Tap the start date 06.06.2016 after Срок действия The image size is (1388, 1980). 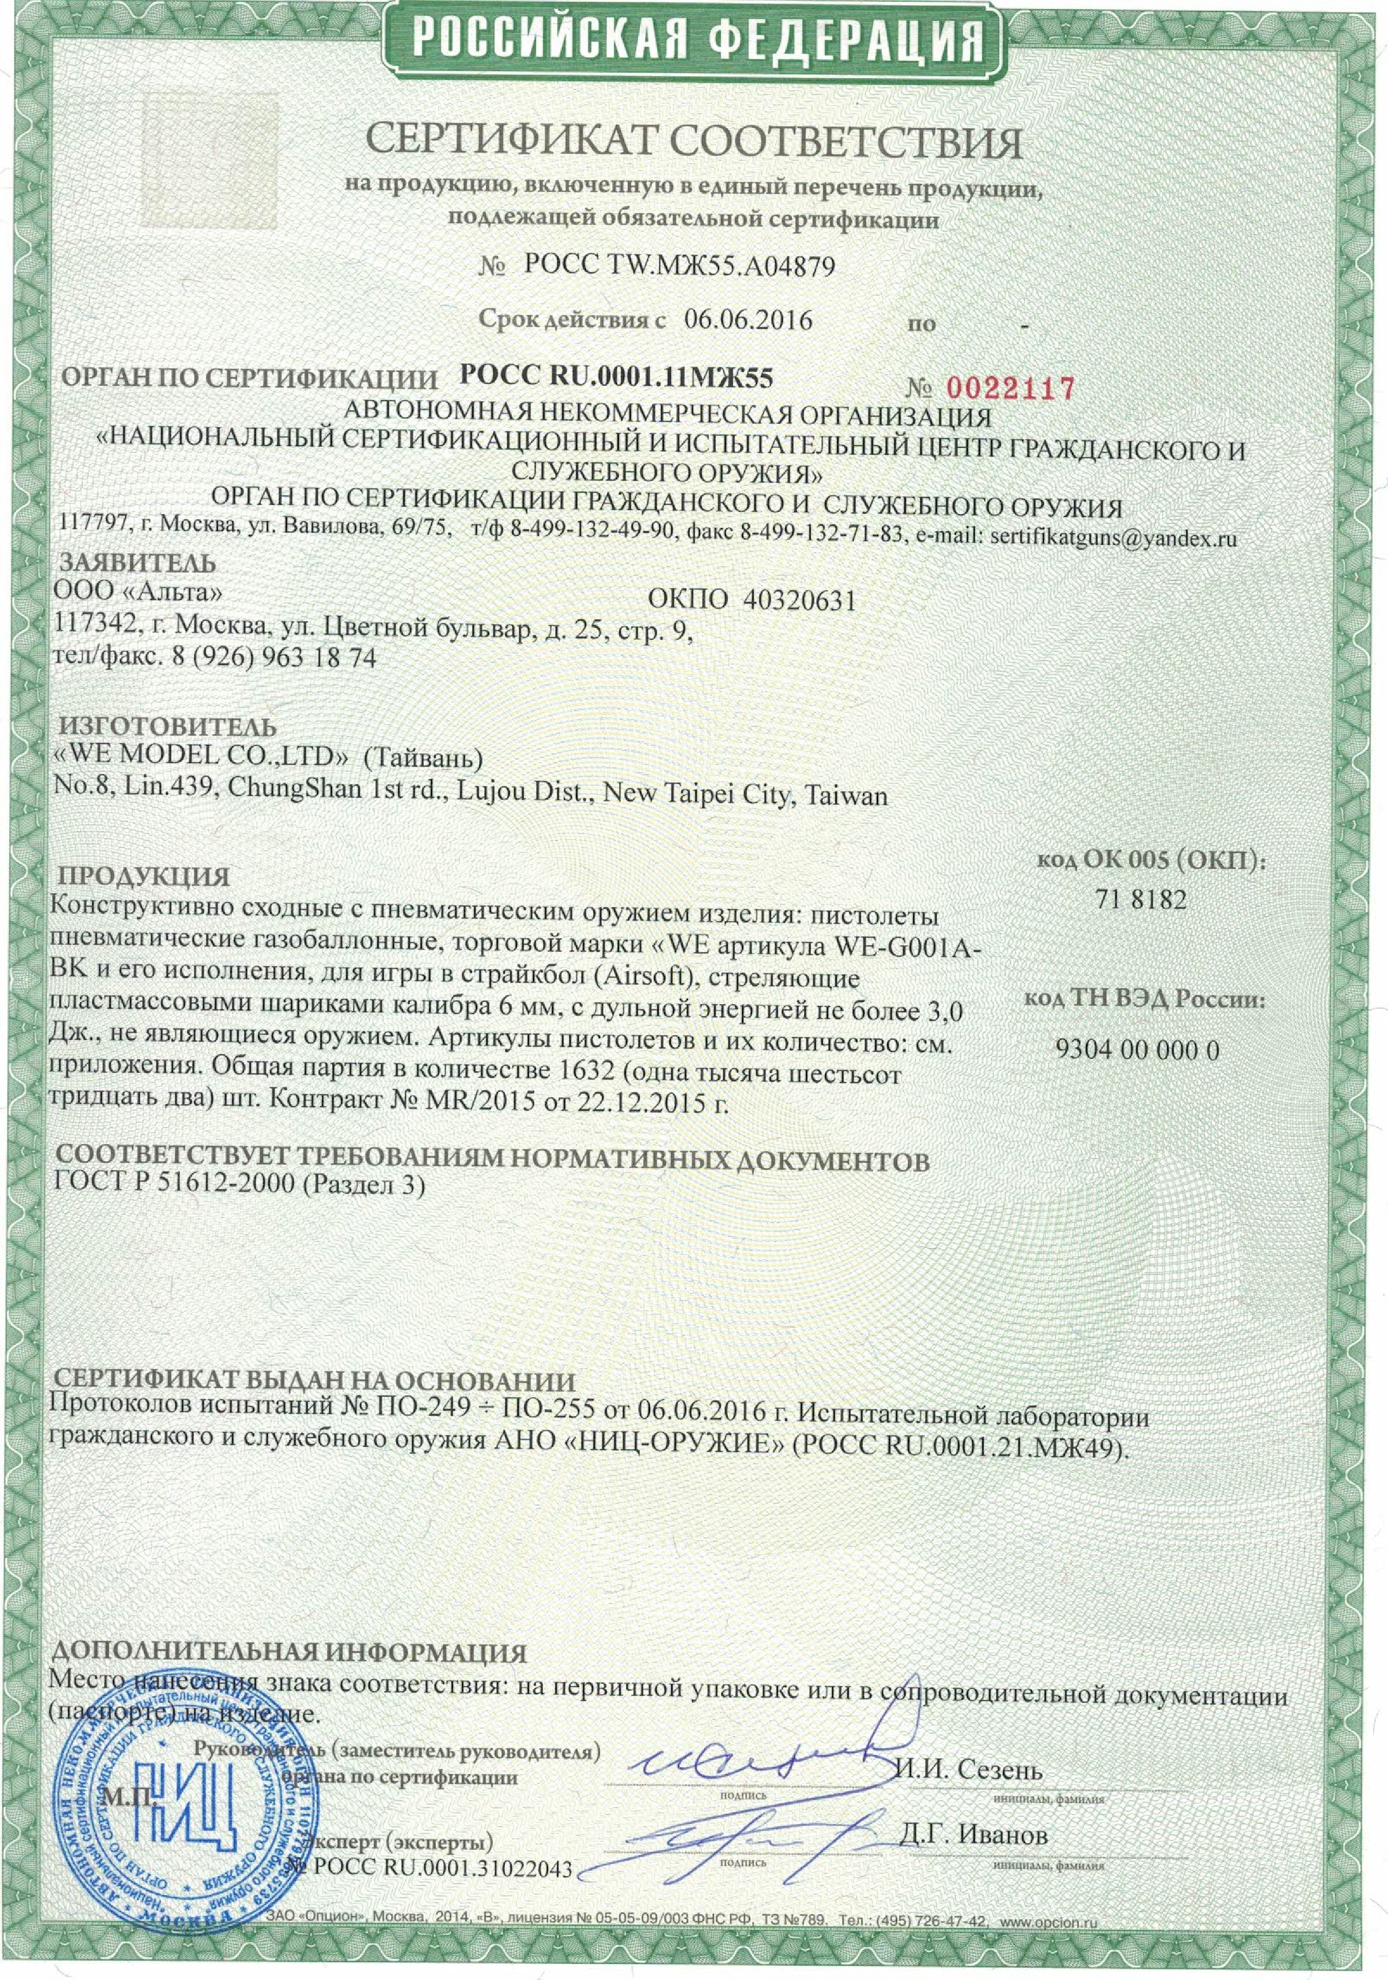click(x=748, y=321)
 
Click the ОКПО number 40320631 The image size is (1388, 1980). click(x=799, y=600)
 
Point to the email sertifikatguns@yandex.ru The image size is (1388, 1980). click(x=1114, y=537)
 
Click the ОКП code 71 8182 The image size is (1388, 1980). click(x=1141, y=900)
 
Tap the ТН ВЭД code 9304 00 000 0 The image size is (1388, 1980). click(x=1137, y=1050)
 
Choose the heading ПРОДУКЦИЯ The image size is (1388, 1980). click(x=143, y=877)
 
